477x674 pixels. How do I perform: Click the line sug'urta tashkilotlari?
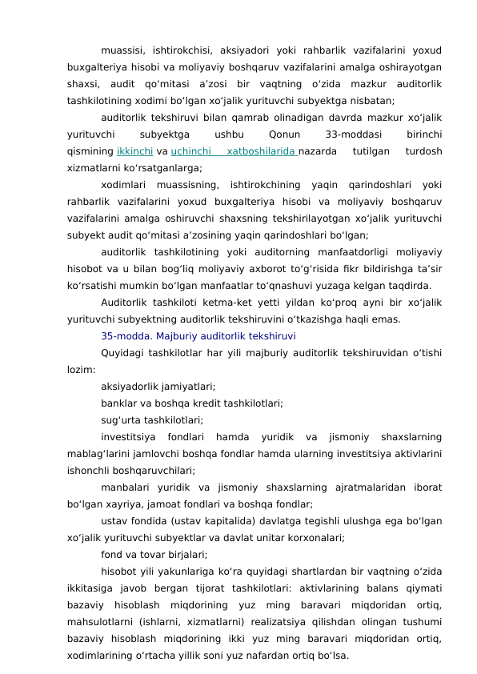pos(151,419)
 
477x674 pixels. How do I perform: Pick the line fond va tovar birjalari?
pos(154,554)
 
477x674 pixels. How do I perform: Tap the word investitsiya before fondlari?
pos(128,437)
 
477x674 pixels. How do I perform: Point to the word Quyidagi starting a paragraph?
pos(125,353)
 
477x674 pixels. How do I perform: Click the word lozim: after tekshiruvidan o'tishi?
pos(82,370)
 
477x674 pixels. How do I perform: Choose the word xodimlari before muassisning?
pos(127,185)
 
